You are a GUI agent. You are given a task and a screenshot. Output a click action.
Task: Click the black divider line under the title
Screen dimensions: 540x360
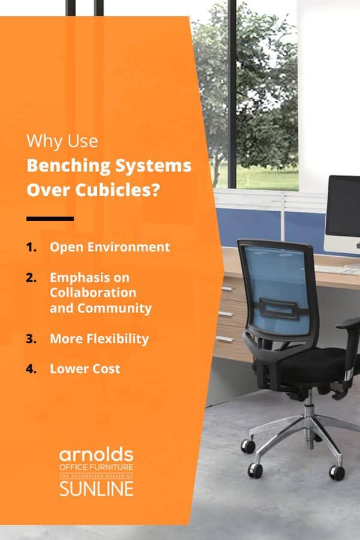coord(50,218)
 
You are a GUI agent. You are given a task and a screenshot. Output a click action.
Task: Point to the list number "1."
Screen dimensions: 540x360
coord(31,247)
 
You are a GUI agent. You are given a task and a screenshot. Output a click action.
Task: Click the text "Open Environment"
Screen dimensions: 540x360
coord(110,247)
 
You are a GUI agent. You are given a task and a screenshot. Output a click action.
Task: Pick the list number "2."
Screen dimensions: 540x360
coord(31,278)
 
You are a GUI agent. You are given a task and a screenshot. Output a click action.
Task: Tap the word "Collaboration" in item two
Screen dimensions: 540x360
coord(92,293)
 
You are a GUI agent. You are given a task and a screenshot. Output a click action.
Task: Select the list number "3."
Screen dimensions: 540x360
coord(31,339)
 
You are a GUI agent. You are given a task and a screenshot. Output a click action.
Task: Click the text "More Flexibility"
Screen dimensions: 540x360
coord(99,339)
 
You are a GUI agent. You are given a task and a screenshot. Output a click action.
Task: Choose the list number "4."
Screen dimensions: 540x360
coord(31,368)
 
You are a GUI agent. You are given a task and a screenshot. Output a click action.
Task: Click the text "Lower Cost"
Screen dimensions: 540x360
coord(85,368)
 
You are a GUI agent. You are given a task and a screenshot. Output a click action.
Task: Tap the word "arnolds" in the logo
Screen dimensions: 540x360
coord(96,454)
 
